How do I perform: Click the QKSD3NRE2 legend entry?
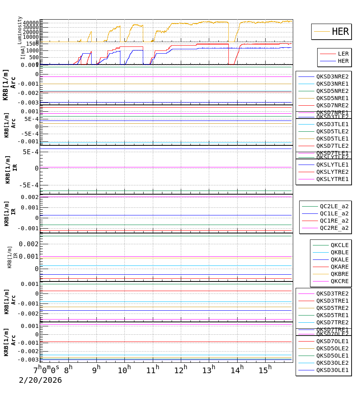point(332,76)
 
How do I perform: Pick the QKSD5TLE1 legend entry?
point(332,139)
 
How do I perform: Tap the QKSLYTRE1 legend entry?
point(332,179)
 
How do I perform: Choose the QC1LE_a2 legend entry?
point(334,213)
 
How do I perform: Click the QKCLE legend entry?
point(339,245)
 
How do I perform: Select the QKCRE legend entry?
point(339,281)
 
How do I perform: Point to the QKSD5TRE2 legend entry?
point(332,308)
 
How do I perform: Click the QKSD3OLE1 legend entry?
point(332,370)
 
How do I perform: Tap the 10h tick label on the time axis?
point(124,370)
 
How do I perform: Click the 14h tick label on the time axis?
point(237,370)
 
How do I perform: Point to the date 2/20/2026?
point(40,380)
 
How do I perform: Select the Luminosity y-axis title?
point(20,30)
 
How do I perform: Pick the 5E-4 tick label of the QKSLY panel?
point(30,152)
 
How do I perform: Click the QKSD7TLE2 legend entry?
point(332,146)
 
